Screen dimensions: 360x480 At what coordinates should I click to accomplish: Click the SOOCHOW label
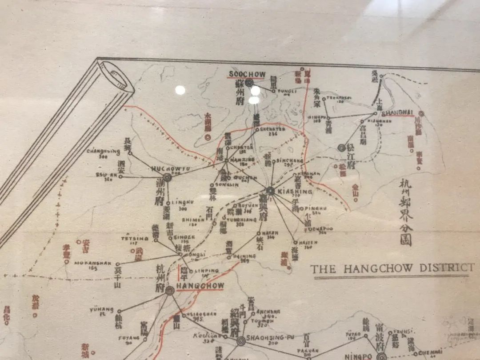[247, 74]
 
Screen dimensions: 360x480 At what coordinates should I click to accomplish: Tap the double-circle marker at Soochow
[249, 83]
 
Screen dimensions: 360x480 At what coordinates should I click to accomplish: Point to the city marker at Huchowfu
[167, 177]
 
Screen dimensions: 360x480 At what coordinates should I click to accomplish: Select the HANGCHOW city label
[200, 285]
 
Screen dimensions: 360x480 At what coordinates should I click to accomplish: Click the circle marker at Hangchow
[170, 291]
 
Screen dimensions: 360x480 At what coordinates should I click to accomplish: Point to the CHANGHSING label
[103, 152]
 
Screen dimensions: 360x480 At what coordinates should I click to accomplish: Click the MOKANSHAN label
[92, 263]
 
